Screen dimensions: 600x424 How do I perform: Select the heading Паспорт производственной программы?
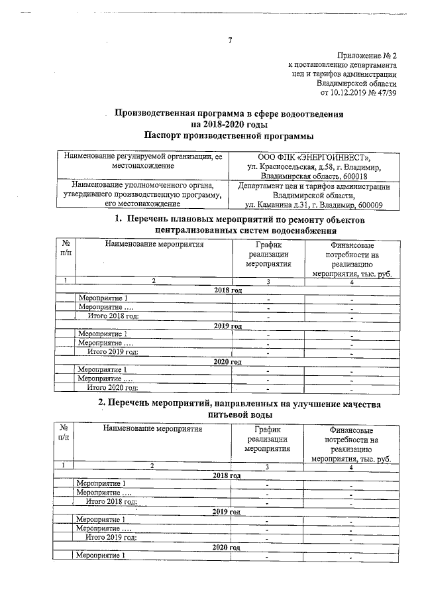[x=229, y=136]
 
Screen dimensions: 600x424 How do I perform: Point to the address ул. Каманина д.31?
[x=274, y=206]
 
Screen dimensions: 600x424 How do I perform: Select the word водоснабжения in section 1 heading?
[x=295, y=230]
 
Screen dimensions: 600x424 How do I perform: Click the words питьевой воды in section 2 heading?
[x=229, y=414]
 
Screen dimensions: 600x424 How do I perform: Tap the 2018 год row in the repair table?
[x=228, y=290]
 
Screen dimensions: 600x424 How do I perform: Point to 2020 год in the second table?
[x=227, y=548]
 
